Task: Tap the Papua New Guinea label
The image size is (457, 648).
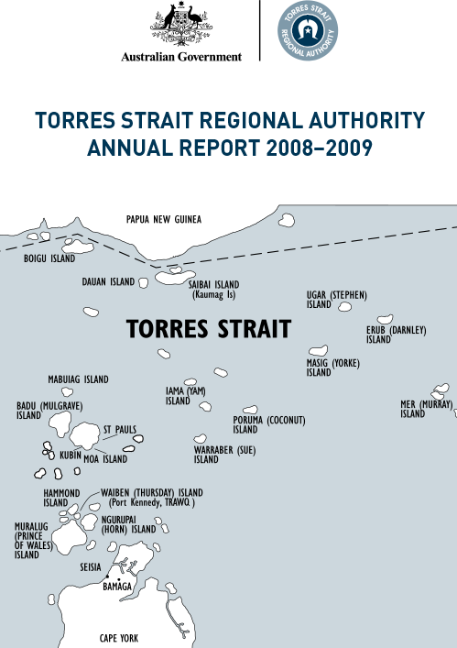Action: pyautogui.click(x=163, y=219)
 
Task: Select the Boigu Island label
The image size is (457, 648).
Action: pyautogui.click(x=49, y=259)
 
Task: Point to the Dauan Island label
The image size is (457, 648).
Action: pyautogui.click(x=107, y=282)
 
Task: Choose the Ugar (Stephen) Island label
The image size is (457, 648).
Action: pyautogui.click(x=336, y=300)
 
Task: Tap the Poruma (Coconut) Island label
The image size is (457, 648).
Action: pyautogui.click(x=268, y=424)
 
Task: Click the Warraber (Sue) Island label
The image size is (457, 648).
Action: pyautogui.click(x=223, y=456)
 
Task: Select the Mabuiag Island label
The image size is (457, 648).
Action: pyautogui.click(x=78, y=379)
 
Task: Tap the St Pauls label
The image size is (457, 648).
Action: pyautogui.click(x=120, y=428)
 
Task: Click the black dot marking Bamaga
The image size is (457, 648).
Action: pyautogui.click(x=107, y=577)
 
